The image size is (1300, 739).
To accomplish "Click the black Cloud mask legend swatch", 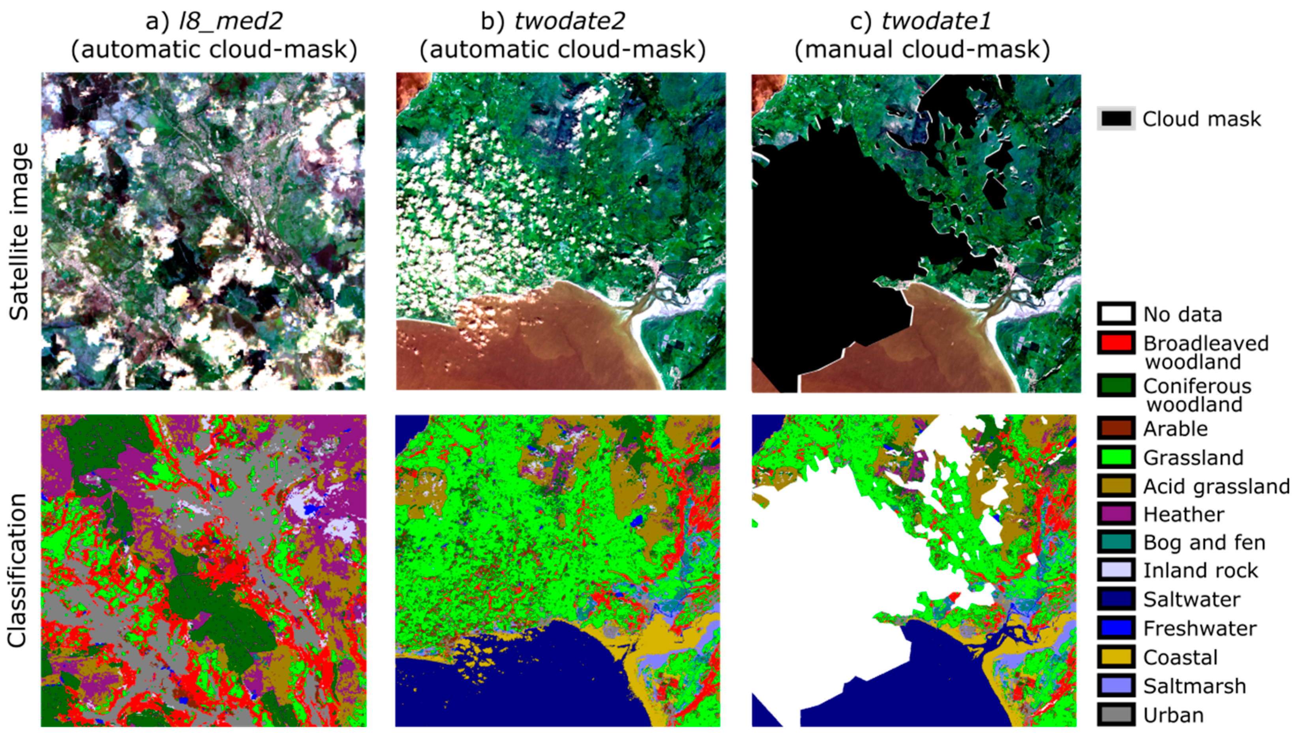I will [x=1116, y=119].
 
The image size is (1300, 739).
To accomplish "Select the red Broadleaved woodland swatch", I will [x=1116, y=343].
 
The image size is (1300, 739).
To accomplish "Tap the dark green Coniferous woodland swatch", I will [x=1116, y=386].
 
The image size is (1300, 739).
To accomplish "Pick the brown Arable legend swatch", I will [x=1116, y=428].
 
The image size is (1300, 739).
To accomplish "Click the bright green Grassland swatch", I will [x=1116, y=457].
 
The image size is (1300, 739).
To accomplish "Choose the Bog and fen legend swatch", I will [x=1116, y=542].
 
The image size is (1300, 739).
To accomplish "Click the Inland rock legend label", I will [x=1201, y=570].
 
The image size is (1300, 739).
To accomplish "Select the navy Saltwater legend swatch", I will [x=1116, y=599].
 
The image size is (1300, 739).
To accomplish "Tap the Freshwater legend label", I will [x=1200, y=628].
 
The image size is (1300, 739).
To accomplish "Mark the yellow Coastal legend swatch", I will [x=1116, y=657].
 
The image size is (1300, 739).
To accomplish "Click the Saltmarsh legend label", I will [x=1195, y=686].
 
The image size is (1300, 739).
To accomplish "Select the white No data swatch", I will [x=1116, y=314].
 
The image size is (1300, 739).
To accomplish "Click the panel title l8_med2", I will [x=231, y=21].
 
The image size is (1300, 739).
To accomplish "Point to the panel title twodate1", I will [x=936, y=21].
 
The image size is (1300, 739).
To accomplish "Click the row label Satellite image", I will [x=19, y=231].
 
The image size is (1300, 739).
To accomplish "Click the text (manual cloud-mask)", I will [x=922, y=50].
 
